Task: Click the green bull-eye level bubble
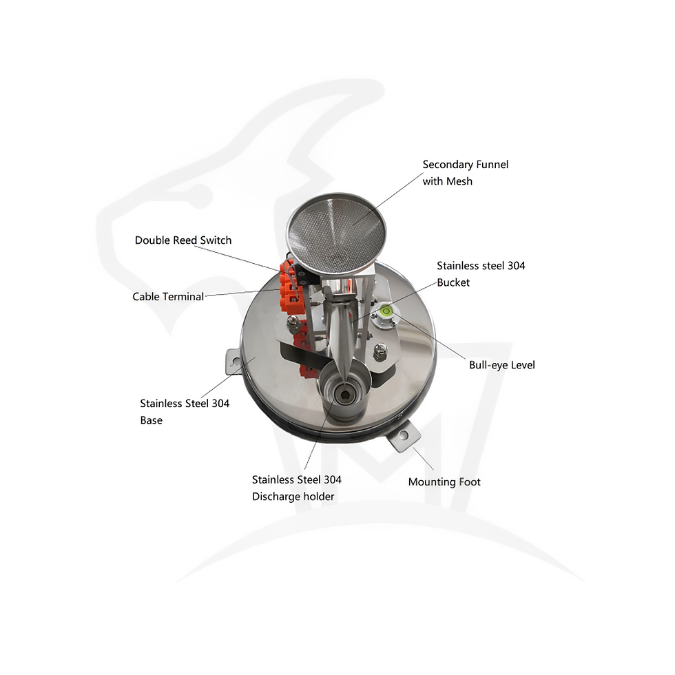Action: coord(386,311)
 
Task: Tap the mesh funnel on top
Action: coord(336,233)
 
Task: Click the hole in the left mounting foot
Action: coord(233,359)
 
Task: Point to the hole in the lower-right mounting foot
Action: coord(404,435)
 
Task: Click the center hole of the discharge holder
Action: coord(344,395)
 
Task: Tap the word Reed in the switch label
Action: coord(185,240)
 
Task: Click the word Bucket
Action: coord(453,282)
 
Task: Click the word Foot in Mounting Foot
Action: coord(470,481)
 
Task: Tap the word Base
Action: coord(151,420)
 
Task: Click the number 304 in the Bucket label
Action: coord(516,266)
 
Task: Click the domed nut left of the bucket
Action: coord(293,322)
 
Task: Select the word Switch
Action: coord(216,240)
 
